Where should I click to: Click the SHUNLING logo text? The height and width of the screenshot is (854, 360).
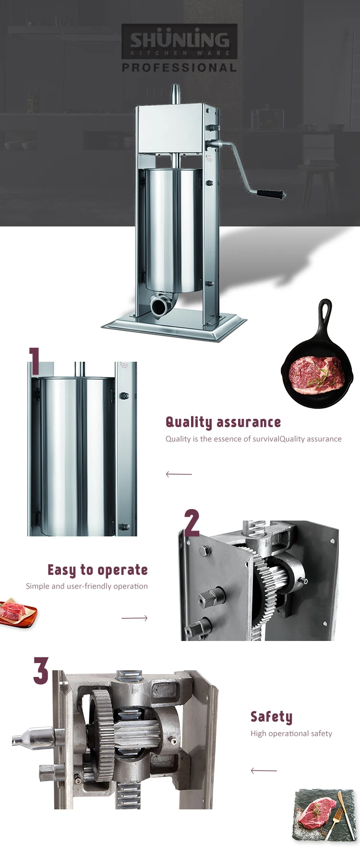(x=180, y=40)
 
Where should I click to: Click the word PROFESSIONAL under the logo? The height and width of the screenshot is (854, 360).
(x=180, y=68)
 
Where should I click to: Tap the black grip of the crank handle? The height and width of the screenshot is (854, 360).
(x=270, y=194)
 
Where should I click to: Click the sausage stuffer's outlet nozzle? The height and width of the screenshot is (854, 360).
(x=159, y=305)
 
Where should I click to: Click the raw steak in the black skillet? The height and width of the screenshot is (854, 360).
(x=316, y=374)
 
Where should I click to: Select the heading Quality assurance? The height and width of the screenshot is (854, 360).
(x=223, y=422)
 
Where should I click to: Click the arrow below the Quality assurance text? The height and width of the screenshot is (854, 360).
(x=179, y=474)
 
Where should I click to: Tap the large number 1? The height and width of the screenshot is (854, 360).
(x=35, y=361)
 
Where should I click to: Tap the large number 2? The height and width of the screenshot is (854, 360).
(x=192, y=523)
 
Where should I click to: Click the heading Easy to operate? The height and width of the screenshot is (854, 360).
(x=97, y=570)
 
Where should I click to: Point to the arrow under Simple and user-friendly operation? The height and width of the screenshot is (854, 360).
(x=134, y=618)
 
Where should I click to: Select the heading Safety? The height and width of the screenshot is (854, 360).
(x=271, y=717)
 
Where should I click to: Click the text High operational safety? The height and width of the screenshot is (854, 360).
(x=291, y=733)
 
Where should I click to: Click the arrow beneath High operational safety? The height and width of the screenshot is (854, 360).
(x=264, y=771)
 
